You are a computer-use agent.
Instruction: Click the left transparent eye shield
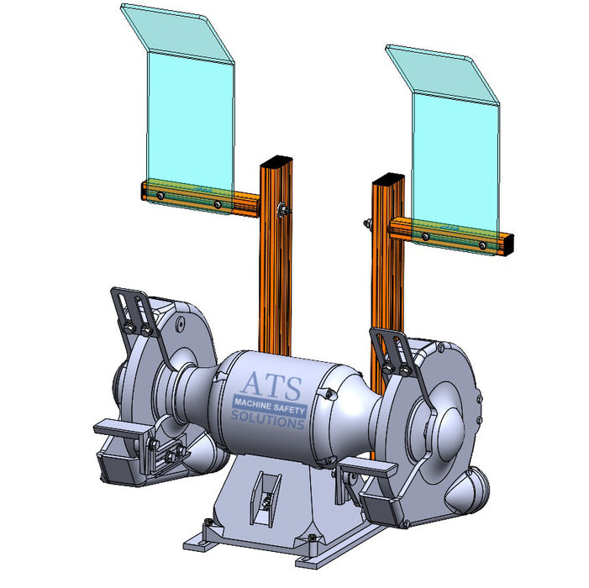tap(187, 118)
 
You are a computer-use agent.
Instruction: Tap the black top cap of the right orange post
tap(388, 180)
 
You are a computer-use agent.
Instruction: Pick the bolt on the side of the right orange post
tap(368, 223)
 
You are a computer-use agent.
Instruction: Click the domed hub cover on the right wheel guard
tap(450, 423)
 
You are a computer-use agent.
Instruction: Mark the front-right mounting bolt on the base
tap(313, 538)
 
